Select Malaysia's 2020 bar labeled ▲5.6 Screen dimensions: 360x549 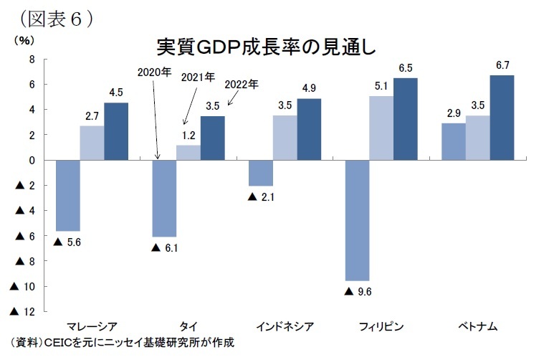tap(67, 195)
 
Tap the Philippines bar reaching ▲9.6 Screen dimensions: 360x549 tap(357, 220)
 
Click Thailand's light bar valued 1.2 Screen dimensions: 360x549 tap(188, 153)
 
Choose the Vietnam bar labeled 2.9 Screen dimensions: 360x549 tap(454, 141)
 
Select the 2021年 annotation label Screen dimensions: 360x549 tap(197, 77)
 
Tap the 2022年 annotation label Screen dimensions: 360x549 tap(241, 85)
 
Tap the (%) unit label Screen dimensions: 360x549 tap(24, 40)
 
